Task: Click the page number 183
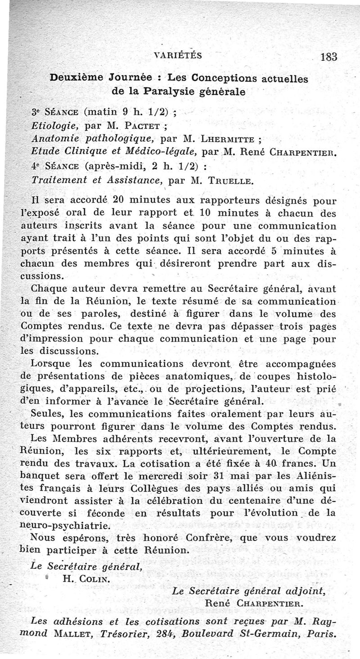[x=329, y=57]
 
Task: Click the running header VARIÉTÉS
[x=178, y=55]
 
